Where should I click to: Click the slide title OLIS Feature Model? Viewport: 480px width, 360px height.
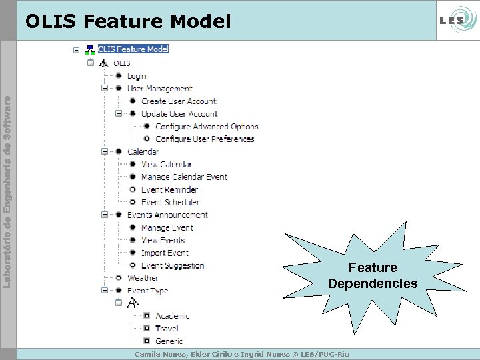click(128, 22)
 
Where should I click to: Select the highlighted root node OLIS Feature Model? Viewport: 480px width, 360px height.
click(133, 49)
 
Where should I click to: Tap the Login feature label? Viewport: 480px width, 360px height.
click(137, 76)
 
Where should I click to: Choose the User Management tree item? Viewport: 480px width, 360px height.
click(159, 89)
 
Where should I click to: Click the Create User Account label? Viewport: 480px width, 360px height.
click(178, 101)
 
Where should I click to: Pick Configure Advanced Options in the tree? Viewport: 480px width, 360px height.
click(206, 127)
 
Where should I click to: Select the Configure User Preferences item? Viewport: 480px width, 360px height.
click(205, 139)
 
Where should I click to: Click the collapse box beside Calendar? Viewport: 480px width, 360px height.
click(105, 151)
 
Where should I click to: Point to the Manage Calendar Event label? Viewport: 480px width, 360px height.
click(184, 177)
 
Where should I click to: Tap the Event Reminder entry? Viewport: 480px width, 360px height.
click(169, 190)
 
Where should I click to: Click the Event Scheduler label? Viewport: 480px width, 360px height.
click(170, 203)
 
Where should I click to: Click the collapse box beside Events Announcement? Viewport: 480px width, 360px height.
click(105, 215)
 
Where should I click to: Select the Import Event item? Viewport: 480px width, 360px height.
click(165, 253)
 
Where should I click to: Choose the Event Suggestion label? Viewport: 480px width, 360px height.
click(172, 266)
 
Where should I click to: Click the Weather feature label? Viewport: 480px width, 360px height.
click(143, 279)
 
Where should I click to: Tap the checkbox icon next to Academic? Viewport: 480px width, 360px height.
click(146, 316)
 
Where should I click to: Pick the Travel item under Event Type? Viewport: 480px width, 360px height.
click(167, 329)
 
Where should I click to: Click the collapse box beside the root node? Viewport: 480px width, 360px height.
click(76, 49)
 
